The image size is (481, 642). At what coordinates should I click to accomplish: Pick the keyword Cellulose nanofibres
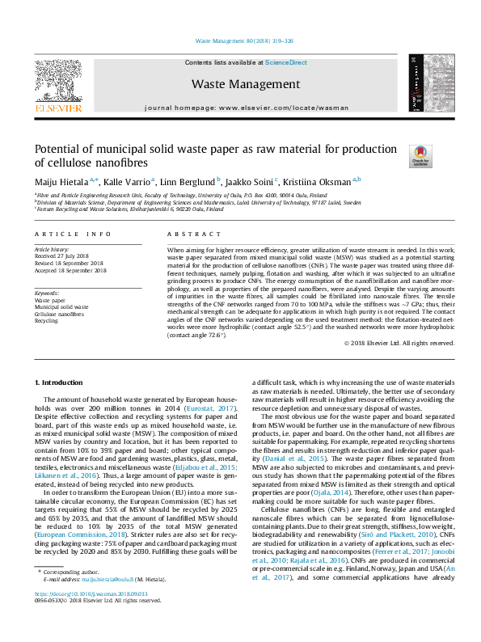pyautogui.click(x=61, y=314)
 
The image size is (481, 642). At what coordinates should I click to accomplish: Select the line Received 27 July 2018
pyautogui.click(x=66, y=256)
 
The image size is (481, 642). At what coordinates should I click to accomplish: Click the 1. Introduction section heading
pyautogui.click(x=61, y=381)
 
